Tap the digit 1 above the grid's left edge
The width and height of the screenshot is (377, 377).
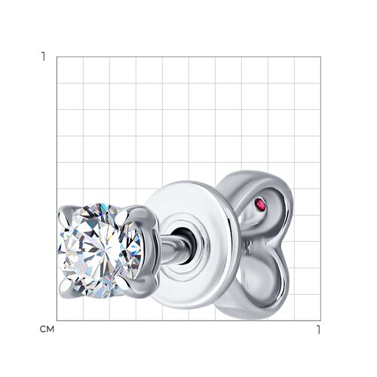click(x=44, y=57)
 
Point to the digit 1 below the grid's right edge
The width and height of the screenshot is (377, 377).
click(x=318, y=329)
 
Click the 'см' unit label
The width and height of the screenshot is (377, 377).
click(x=47, y=329)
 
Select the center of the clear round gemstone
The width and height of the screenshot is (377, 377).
click(x=100, y=251)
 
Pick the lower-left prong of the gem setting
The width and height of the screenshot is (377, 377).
click(x=66, y=287)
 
